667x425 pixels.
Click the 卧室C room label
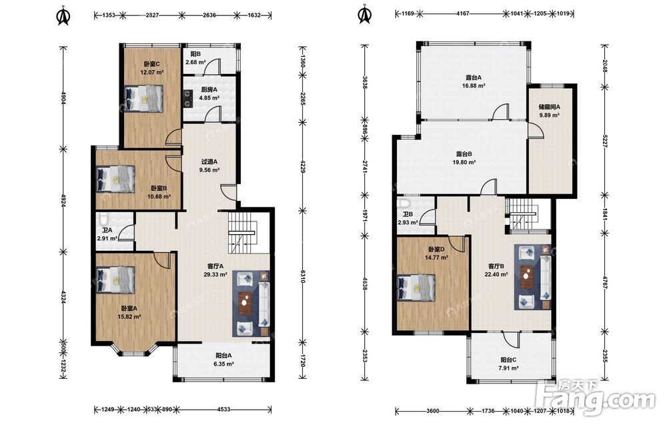point(151,64)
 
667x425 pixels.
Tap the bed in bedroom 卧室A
point(115,280)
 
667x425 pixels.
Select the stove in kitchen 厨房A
point(187,99)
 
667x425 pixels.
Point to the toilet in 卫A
point(103,219)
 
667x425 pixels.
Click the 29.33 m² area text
point(215,275)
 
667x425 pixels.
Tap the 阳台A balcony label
point(223,356)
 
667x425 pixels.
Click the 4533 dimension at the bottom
point(223,410)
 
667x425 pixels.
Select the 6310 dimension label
point(302,276)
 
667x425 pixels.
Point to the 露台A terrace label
point(473,78)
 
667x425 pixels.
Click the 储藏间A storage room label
point(549,107)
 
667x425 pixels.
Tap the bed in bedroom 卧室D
point(416,288)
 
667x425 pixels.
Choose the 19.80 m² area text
point(464,162)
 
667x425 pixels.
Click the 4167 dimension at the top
point(463,13)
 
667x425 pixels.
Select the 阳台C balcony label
point(508,360)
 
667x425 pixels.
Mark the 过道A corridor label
point(209,161)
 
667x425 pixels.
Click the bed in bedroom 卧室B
point(115,178)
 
